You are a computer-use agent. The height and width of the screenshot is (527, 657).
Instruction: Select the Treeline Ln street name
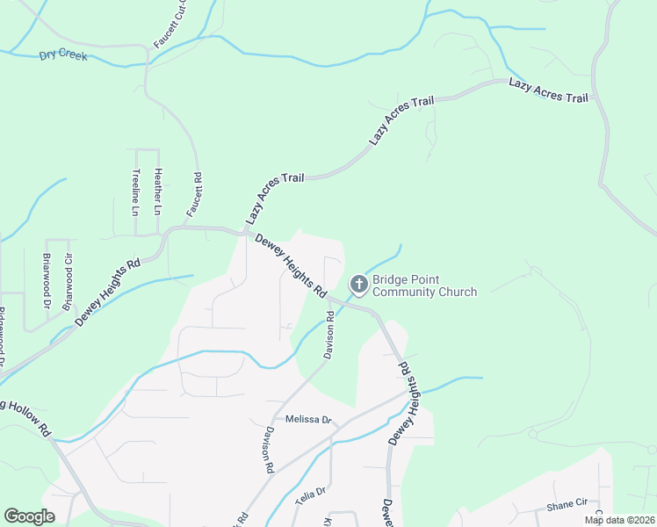coord(135,192)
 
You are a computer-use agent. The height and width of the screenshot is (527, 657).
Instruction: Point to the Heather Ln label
coord(157,192)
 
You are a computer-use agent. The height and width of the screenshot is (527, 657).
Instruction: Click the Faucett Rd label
coord(194,194)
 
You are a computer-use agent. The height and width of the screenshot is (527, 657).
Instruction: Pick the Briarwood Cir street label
coord(66,276)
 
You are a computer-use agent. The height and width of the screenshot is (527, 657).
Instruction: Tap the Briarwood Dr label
coord(46,281)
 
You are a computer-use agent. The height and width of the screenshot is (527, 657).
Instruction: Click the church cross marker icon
coord(358,284)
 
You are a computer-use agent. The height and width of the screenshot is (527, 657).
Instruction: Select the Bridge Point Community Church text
coord(424,285)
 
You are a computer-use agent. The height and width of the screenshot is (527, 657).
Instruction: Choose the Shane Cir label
coord(567,503)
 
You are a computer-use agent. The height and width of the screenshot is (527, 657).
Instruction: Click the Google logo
coord(29,516)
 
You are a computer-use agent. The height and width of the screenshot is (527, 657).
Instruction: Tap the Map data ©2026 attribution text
coord(618,520)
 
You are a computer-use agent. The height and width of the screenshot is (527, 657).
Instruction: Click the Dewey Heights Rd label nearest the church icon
coord(291,264)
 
